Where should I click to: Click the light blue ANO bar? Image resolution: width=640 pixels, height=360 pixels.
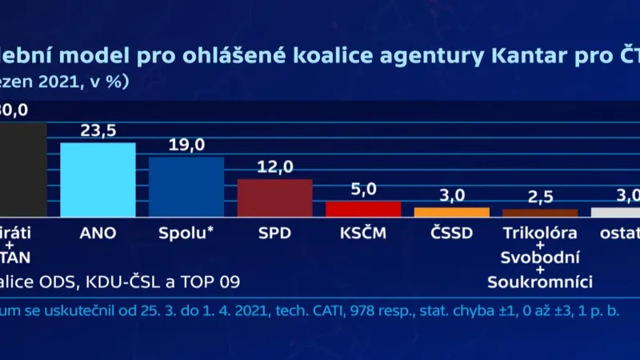coord(98,180)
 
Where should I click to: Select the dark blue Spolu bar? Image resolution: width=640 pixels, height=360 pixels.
coord(186,187)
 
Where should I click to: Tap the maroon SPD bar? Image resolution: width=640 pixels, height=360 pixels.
coord(274,198)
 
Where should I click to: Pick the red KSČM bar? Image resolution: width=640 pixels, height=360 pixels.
coord(362,210)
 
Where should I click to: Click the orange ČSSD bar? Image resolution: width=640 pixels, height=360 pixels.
coord(451,213)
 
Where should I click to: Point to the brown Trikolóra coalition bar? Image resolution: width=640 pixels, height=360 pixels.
coord(540,214)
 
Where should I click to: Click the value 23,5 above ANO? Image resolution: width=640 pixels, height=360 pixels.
coord(98,130)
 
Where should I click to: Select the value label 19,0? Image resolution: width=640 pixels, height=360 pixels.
coord(186,145)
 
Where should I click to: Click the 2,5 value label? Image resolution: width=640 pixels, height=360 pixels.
coord(540,197)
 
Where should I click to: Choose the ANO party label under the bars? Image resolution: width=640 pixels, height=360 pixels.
coord(98,234)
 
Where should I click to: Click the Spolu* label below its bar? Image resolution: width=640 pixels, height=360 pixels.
coord(186,234)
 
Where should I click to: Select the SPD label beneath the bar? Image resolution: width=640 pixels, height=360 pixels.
coord(274,234)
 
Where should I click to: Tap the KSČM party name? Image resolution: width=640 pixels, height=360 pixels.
coord(362,234)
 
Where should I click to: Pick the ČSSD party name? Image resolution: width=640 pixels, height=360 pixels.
coord(451,234)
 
